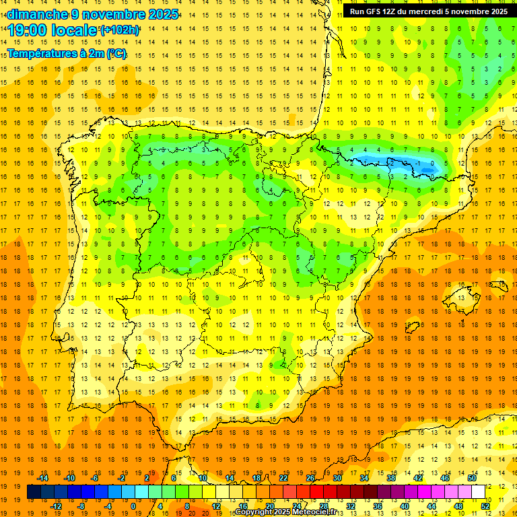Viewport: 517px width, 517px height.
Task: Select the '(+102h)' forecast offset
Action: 119,30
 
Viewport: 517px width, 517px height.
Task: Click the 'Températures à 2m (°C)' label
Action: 66,54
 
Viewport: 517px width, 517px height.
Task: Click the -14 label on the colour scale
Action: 42,478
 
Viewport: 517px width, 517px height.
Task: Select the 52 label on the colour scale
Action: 485,506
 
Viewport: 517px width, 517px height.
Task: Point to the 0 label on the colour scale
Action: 133,506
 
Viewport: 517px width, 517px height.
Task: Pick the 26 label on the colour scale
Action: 310,478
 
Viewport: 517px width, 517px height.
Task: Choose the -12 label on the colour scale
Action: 56,506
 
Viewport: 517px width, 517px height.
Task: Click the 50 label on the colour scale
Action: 471,478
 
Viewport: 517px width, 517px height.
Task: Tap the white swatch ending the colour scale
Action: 478,491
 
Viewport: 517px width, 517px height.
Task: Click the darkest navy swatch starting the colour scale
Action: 34,491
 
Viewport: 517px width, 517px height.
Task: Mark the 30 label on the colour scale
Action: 337,478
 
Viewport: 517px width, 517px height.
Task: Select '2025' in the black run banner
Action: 497,11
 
